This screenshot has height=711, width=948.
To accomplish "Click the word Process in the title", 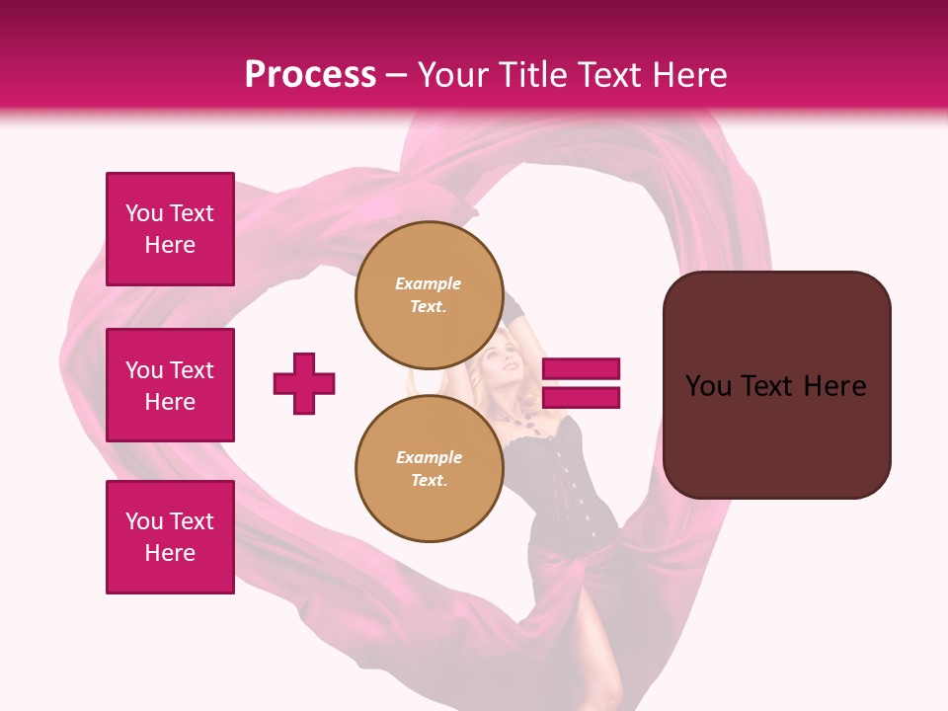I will point(310,75).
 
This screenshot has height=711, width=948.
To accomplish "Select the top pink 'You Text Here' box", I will point(170,229).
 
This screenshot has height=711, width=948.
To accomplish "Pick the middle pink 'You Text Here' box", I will point(170,385).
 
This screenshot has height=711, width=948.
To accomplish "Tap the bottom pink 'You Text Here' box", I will point(170,537).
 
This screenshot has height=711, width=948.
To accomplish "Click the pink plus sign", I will point(304,383).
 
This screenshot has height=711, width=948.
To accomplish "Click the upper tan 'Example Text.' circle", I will point(429,294).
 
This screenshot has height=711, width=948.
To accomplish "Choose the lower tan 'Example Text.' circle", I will point(429,468).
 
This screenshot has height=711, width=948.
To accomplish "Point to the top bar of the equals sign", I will point(582,368).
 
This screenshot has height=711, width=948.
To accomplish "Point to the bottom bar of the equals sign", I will point(582,397).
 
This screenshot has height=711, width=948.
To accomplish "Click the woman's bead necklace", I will point(523,420).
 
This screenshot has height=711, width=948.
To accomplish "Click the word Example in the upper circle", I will point(429,283).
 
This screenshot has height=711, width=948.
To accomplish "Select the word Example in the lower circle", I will point(429,457).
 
